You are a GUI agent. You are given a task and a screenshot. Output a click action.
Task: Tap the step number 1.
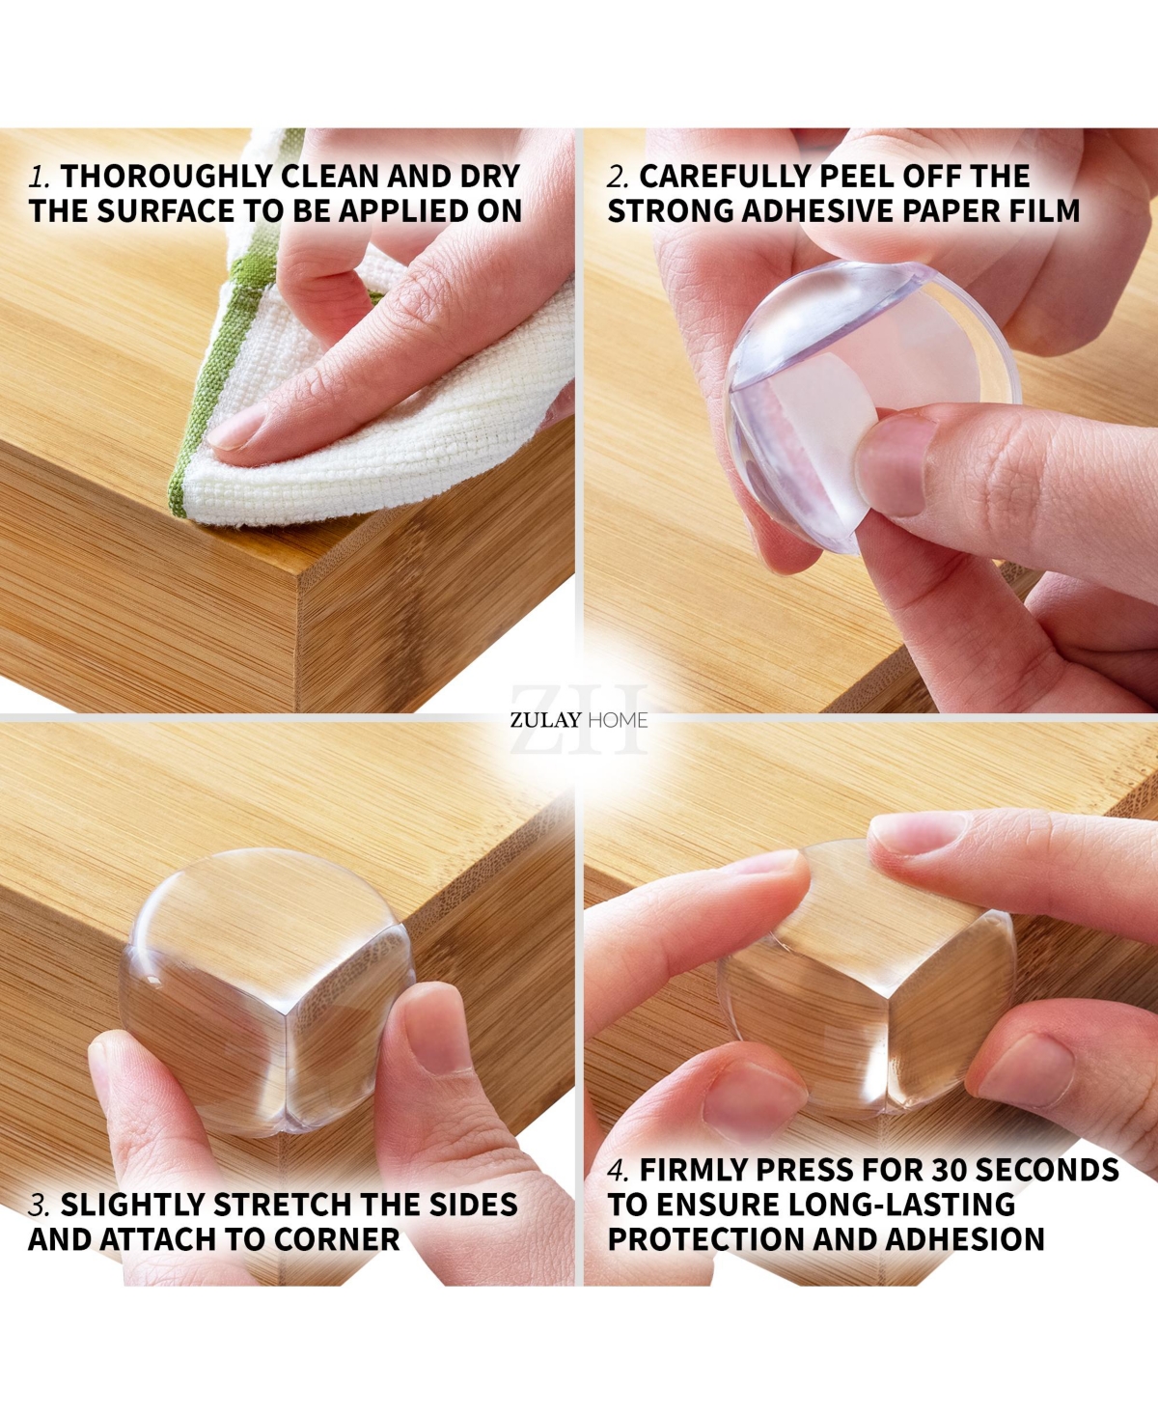(39, 178)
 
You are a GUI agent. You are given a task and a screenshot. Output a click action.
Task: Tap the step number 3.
(39, 1205)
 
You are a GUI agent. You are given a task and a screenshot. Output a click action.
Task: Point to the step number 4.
(618, 1170)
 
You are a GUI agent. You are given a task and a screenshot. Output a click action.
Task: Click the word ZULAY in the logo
(545, 721)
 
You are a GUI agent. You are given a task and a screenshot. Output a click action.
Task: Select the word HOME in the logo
(618, 721)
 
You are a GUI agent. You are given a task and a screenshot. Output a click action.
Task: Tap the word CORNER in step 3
(336, 1239)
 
